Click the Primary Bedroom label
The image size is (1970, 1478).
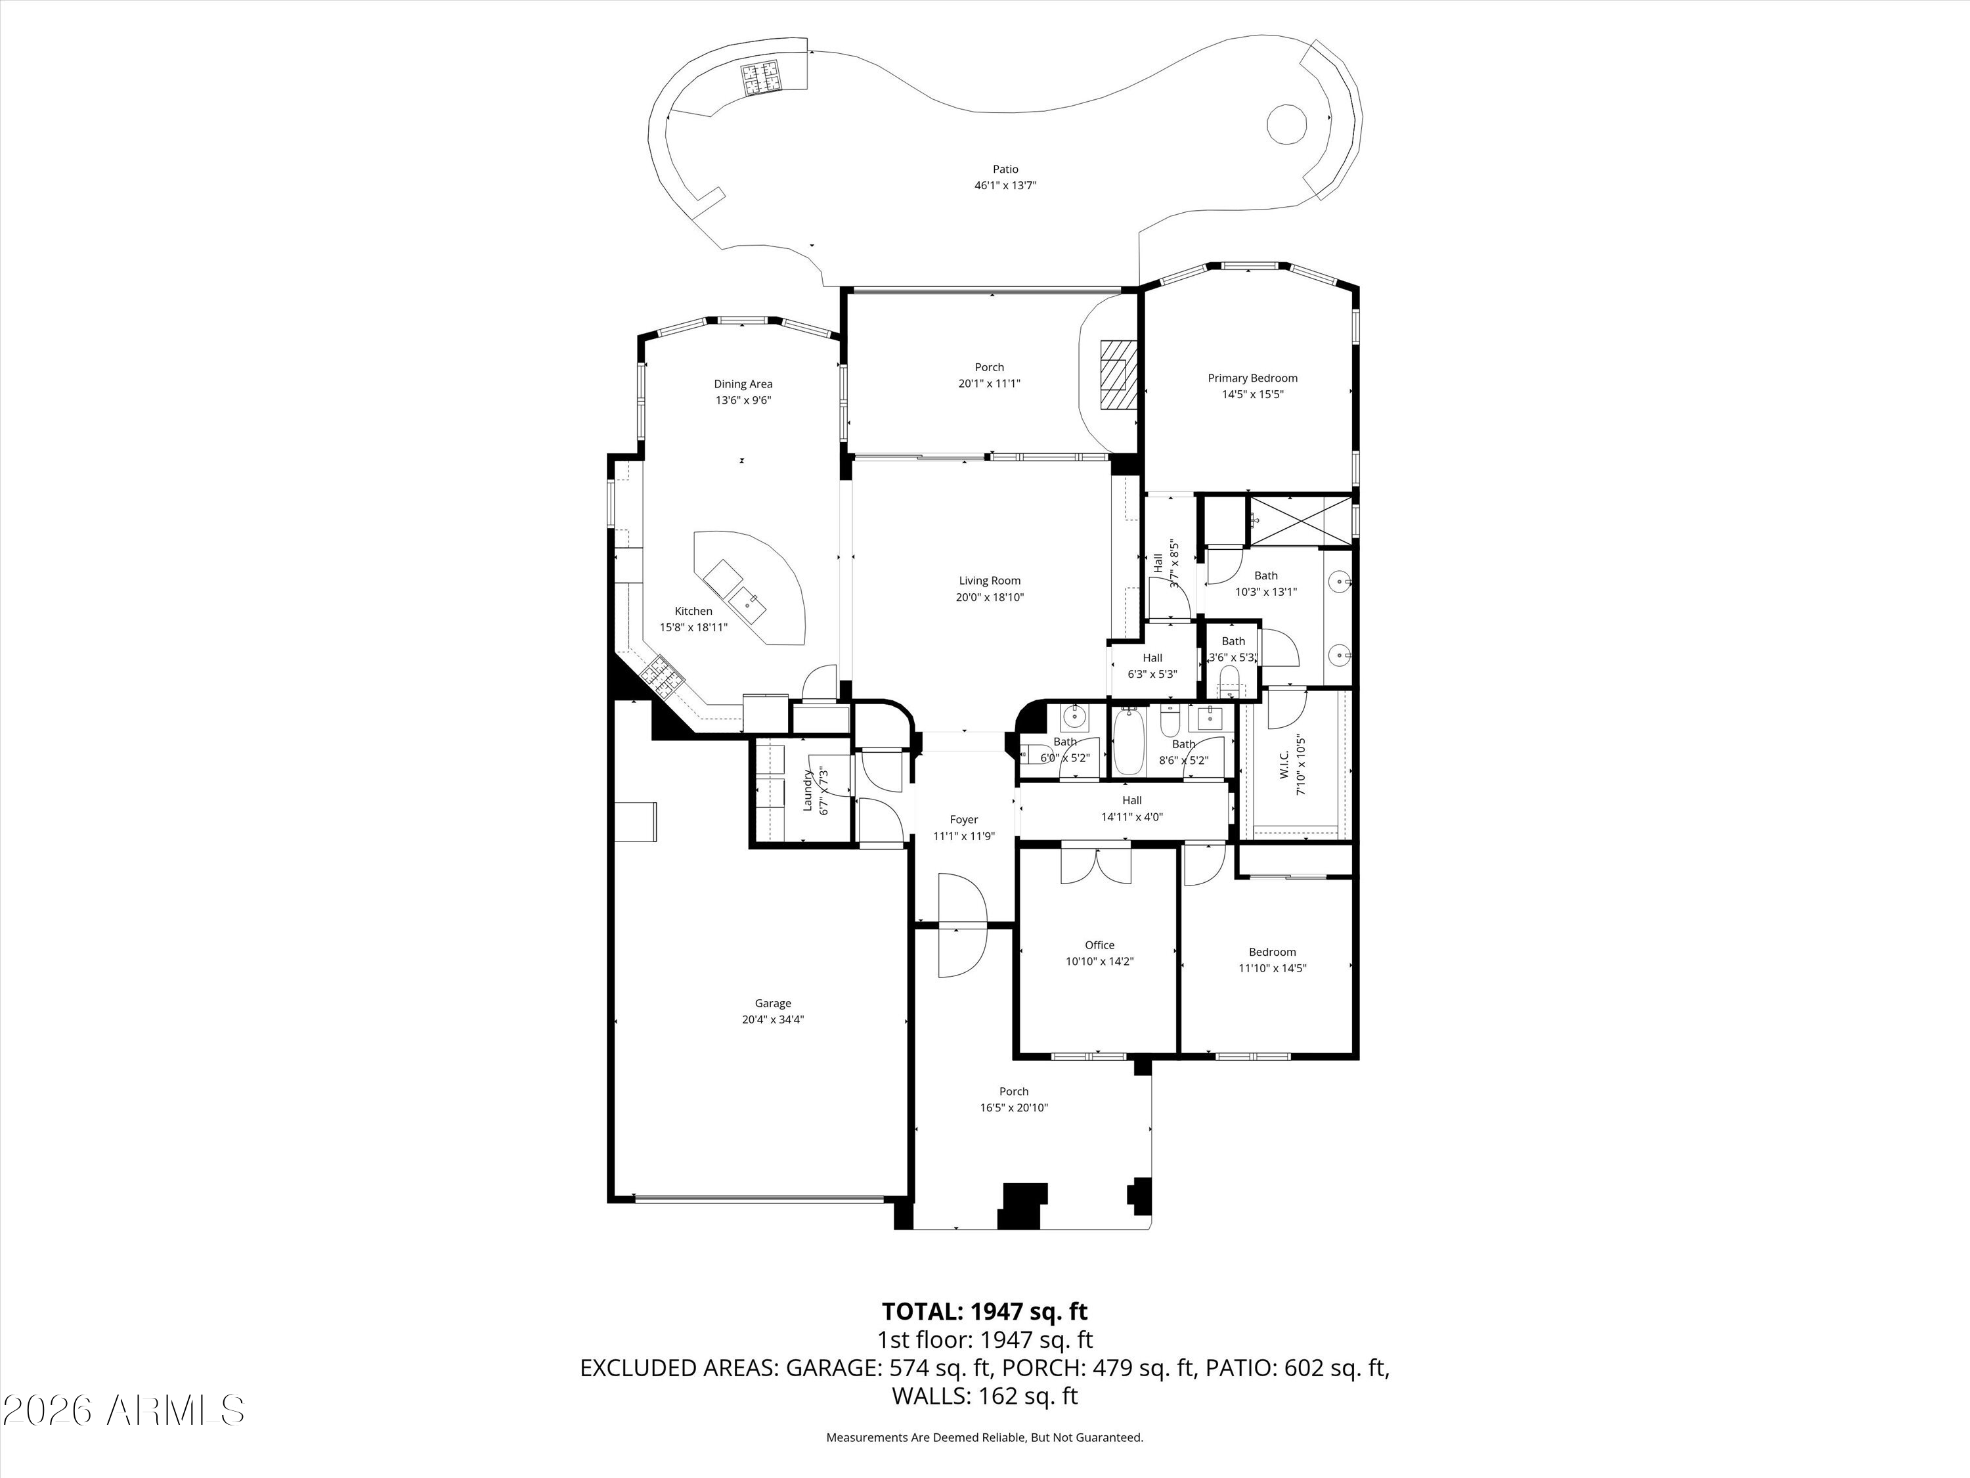[x=1252, y=378]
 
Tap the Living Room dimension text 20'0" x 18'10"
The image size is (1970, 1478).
[x=990, y=597]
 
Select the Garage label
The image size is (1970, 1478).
[x=772, y=1003]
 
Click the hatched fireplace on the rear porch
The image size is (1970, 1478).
[x=1118, y=374]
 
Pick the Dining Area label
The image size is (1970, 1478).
[x=743, y=384]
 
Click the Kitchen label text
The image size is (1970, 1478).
[x=693, y=611]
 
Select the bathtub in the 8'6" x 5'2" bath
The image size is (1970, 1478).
[x=1128, y=742]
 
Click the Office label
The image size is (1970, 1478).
[x=1099, y=945]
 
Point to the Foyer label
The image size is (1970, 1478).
[x=963, y=820]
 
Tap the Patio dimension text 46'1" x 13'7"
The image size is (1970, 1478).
[x=1005, y=185]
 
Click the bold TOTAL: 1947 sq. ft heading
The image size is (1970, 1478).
[x=984, y=1310]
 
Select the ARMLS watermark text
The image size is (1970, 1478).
[x=124, y=1410]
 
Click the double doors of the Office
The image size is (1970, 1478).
[x=1095, y=864]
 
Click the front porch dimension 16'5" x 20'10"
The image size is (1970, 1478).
[x=1013, y=1108]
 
